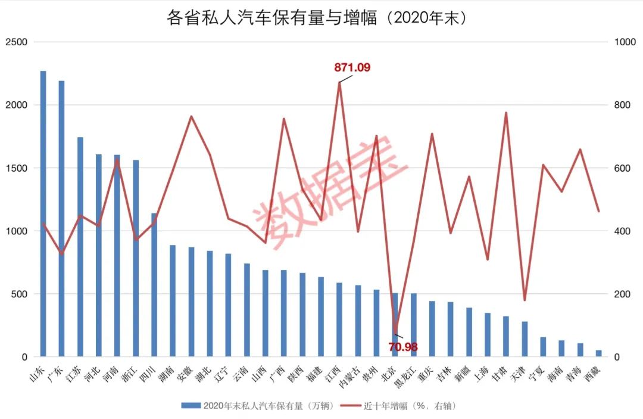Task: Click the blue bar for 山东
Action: pyautogui.click(x=43, y=214)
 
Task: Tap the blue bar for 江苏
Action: pyautogui.click(x=80, y=247)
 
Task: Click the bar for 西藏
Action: pyautogui.click(x=598, y=353)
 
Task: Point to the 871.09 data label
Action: pyautogui.click(x=352, y=68)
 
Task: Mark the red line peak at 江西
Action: pyautogui.click(x=339, y=83)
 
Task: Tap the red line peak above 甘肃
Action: pyautogui.click(x=506, y=113)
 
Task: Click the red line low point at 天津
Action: pyautogui.click(x=525, y=300)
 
